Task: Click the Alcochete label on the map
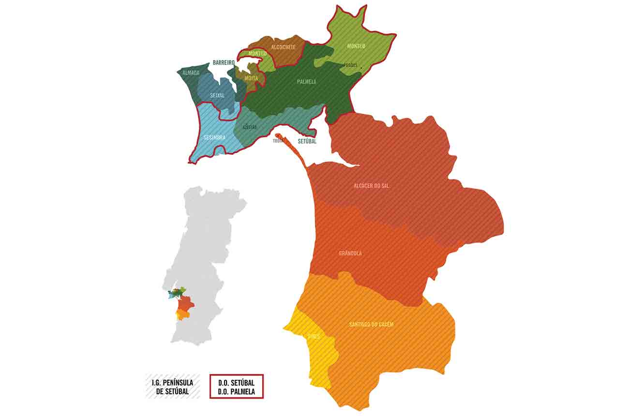[x=284, y=47]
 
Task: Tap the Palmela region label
[x=306, y=82]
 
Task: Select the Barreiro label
[x=224, y=63]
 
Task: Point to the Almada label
[x=191, y=73]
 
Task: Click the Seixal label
[x=217, y=96]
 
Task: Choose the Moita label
[x=251, y=78]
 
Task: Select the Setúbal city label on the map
[x=307, y=142]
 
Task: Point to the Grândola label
[x=350, y=253]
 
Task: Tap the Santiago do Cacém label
[x=371, y=324]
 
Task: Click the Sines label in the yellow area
[x=313, y=336]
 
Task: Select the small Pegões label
[x=350, y=65]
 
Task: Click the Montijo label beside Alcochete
[x=257, y=54]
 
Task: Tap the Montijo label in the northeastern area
[x=356, y=46]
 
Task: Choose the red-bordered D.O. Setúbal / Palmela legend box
[x=237, y=386]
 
